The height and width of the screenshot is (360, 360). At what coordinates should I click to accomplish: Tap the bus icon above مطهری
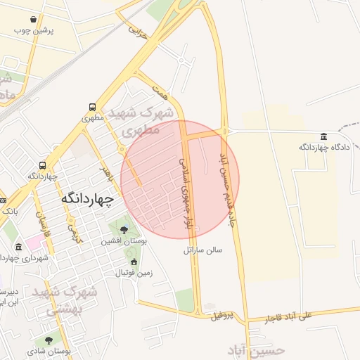tap(93, 108)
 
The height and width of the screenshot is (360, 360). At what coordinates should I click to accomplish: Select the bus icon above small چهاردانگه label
tap(44, 165)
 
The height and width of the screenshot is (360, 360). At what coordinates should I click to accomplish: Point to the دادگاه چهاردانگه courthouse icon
tap(323, 136)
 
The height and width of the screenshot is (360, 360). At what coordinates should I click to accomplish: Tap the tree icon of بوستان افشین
tap(124, 229)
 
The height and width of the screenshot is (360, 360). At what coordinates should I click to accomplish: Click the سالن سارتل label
tap(202, 250)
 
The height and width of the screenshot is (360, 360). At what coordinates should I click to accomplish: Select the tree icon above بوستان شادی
tap(49, 340)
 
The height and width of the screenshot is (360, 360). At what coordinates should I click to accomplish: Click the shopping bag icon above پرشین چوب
tap(34, 19)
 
